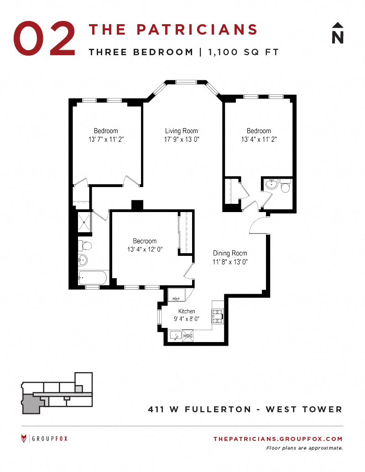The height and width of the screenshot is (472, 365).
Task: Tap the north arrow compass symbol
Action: pos(337,33)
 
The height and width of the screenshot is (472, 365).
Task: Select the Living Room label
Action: pos(181,131)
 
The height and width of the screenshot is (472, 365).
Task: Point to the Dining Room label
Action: pos(230,253)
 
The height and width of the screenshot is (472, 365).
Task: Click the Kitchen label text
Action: pos(186,311)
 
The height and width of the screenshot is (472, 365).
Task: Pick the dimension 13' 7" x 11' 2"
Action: pos(106,140)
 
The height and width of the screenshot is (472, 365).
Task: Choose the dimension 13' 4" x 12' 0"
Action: pos(145,249)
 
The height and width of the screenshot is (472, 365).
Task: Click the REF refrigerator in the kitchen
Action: pos(177,295)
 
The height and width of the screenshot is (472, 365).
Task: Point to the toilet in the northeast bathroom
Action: pos(286,187)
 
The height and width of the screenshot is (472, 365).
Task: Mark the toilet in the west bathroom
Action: pos(86,246)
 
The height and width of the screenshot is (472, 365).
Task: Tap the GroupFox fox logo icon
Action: pos(24,439)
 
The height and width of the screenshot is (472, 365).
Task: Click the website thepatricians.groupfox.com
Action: pos(277,439)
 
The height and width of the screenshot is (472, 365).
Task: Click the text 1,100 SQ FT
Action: pos(243,52)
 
